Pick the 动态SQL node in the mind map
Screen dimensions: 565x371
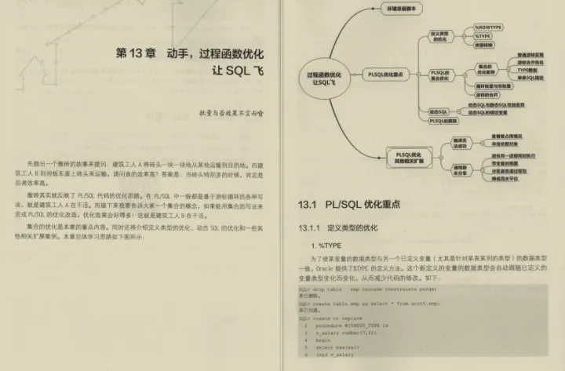[x=439, y=113]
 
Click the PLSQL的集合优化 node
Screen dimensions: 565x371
[x=439, y=75]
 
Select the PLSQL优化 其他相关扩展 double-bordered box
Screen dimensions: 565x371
[x=409, y=155]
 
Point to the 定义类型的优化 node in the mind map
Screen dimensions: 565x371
[x=439, y=36]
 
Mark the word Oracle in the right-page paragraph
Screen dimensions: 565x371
[x=323, y=268]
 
